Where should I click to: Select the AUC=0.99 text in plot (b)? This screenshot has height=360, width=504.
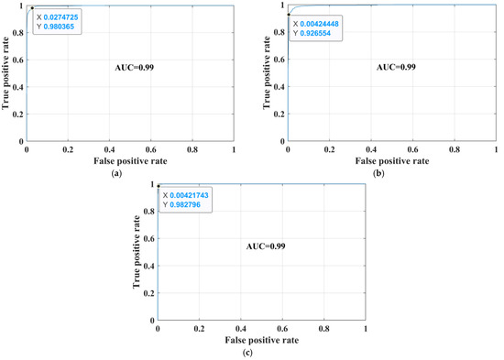point(395,68)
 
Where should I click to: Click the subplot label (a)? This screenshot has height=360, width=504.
point(116,172)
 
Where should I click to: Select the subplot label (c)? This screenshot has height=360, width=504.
point(261,352)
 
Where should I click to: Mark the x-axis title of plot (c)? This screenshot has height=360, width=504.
point(261,341)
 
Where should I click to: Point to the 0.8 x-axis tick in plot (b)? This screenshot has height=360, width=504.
point(454,151)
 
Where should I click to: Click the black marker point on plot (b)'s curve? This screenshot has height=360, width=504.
point(288,15)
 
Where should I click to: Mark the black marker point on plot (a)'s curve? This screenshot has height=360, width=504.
point(32,8)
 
